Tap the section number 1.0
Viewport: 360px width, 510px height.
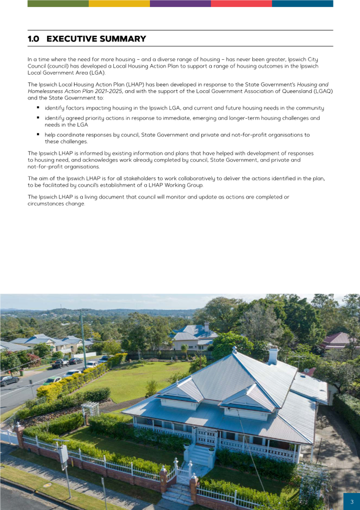[33, 39]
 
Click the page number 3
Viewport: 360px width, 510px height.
[352, 502]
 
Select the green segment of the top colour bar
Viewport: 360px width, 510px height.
[58, 3]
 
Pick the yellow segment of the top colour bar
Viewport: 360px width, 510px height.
[119, 3]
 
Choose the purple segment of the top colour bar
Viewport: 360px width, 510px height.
[180, 3]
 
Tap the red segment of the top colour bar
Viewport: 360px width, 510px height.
[241, 3]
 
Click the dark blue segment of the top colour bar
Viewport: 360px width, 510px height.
[302, 3]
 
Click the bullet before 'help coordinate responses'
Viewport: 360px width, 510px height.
[38, 134]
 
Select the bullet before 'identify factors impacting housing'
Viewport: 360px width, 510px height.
[38, 108]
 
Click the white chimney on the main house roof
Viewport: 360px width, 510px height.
[273, 356]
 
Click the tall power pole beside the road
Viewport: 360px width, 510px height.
[84, 337]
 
